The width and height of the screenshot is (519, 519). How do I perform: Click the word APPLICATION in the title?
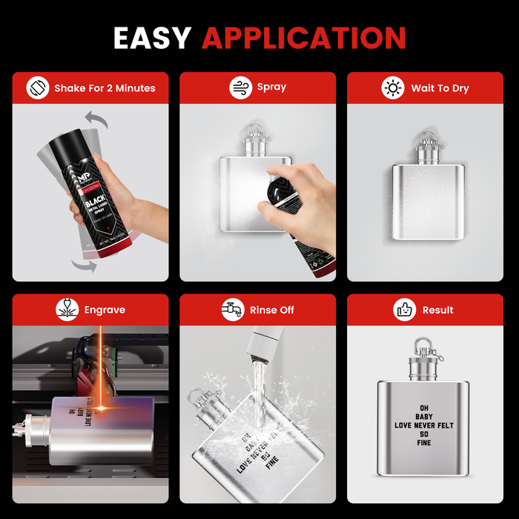click(304, 38)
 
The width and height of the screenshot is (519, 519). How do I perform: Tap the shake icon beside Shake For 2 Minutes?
click(36, 88)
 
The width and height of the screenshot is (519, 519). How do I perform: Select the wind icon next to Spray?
click(239, 87)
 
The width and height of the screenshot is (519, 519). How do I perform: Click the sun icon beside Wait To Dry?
click(392, 88)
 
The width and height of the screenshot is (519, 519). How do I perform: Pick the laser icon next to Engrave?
click(67, 310)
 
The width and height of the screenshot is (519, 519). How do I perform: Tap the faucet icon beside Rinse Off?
click(232, 310)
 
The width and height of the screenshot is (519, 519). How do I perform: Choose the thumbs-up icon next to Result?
click(404, 310)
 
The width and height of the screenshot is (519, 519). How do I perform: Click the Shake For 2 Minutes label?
click(105, 88)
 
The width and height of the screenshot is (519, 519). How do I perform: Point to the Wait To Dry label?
click(440, 88)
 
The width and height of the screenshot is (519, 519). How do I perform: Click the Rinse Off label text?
click(271, 310)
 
